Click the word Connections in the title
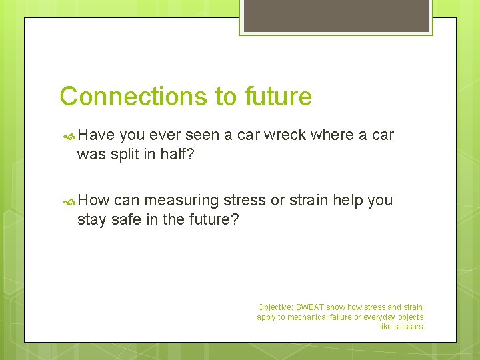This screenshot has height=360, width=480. [x=133, y=97]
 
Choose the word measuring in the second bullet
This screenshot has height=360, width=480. [x=181, y=200]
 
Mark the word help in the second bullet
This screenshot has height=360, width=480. [x=356, y=200]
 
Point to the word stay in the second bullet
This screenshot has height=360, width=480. [x=91, y=219]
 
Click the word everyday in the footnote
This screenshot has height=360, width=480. [x=378, y=317]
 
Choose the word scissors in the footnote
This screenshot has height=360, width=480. [x=408, y=327]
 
